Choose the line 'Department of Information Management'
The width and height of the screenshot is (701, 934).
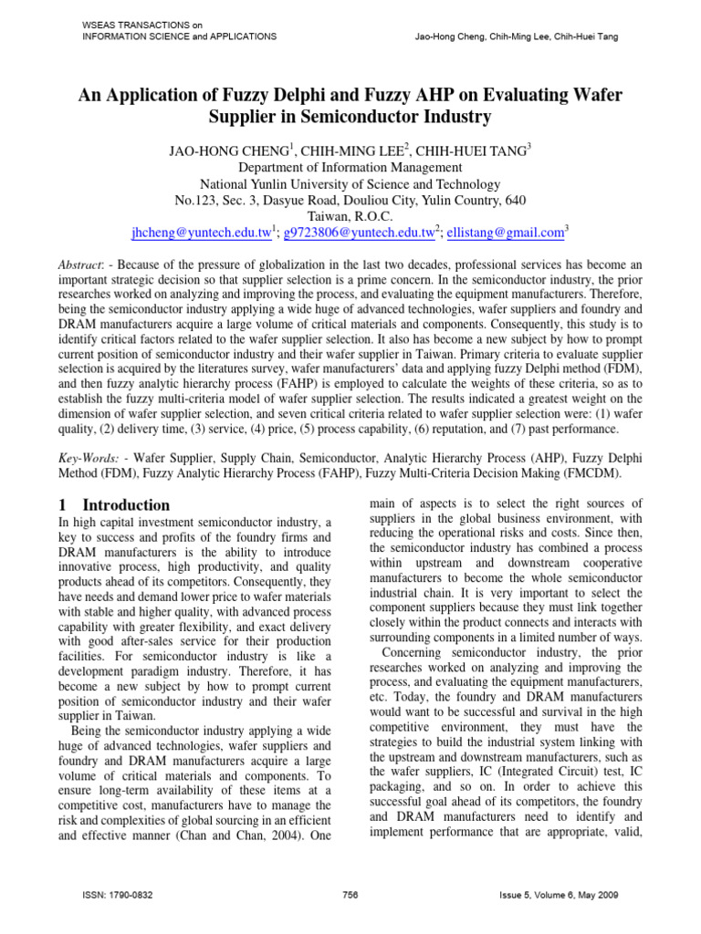(350, 168)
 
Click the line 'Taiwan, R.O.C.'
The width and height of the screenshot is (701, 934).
(350, 217)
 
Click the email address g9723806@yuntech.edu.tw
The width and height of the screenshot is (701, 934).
(358, 234)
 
